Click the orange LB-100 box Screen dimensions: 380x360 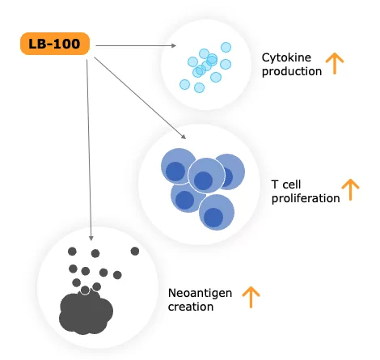tap(55, 44)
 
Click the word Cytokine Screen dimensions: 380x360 tap(286, 58)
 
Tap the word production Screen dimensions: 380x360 tap(292, 72)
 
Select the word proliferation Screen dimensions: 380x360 tap(306, 199)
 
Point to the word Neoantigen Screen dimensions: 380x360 tap(200, 294)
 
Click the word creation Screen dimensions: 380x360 tap(191, 307)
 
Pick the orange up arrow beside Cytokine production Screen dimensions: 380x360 tap(335, 63)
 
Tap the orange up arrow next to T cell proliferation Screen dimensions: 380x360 tap(350, 189)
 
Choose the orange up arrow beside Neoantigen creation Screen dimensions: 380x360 tap(251, 297)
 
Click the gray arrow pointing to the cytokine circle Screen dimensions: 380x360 tap(136, 46)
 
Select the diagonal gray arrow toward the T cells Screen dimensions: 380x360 tap(140, 98)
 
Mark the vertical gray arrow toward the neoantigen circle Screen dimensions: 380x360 tap(89, 150)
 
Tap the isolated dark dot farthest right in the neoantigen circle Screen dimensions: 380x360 tap(135, 252)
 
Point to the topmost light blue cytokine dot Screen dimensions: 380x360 tap(226, 47)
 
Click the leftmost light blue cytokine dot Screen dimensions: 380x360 tap(184, 84)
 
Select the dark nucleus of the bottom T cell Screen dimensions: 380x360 tap(213, 218)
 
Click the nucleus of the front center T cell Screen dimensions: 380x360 tap(204, 180)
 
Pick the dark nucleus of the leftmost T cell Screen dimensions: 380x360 tap(175, 172)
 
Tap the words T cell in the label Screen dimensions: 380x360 tap(286, 184)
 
